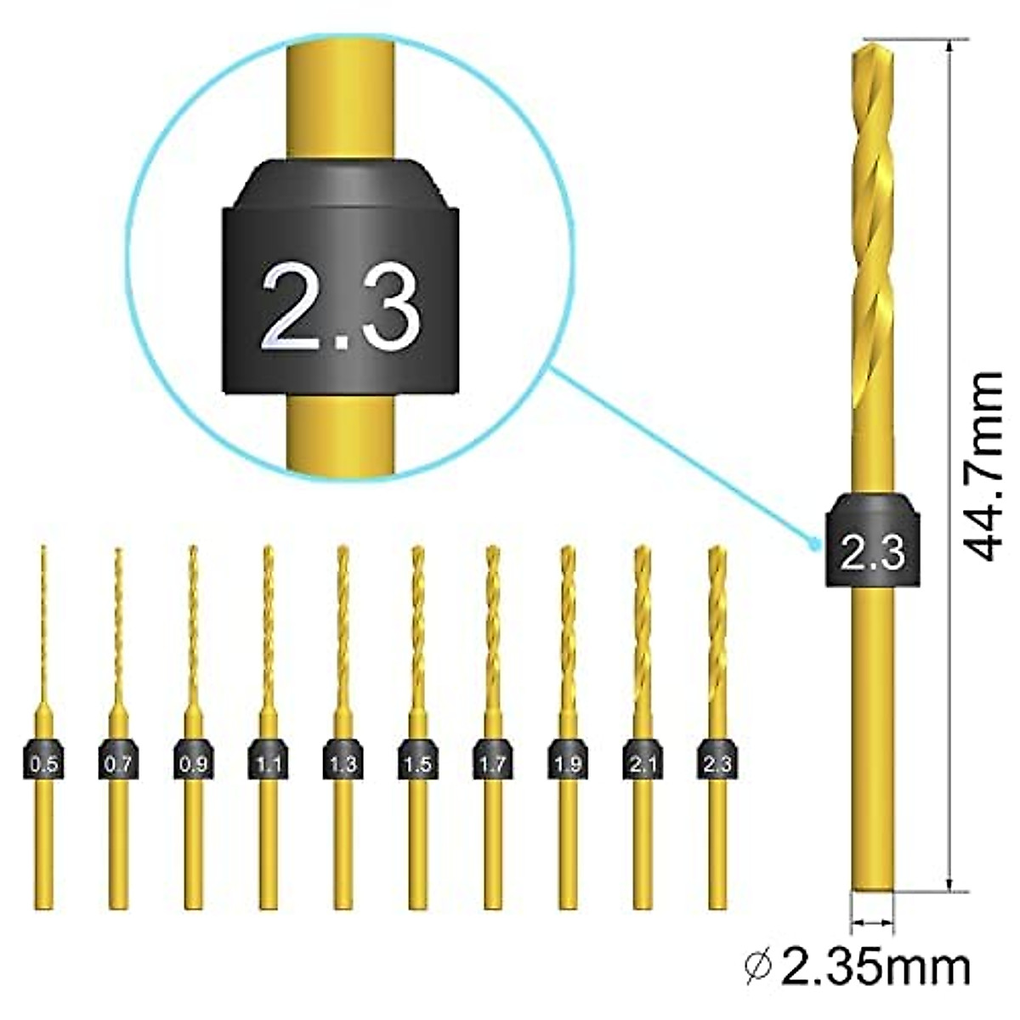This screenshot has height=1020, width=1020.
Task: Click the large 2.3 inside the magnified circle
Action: [341, 306]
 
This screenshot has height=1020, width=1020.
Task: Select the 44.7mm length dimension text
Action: [986, 465]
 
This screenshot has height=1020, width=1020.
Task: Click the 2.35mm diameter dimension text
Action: [875, 966]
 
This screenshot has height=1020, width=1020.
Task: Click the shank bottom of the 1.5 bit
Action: [417, 901]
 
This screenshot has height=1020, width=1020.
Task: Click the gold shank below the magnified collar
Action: [341, 433]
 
